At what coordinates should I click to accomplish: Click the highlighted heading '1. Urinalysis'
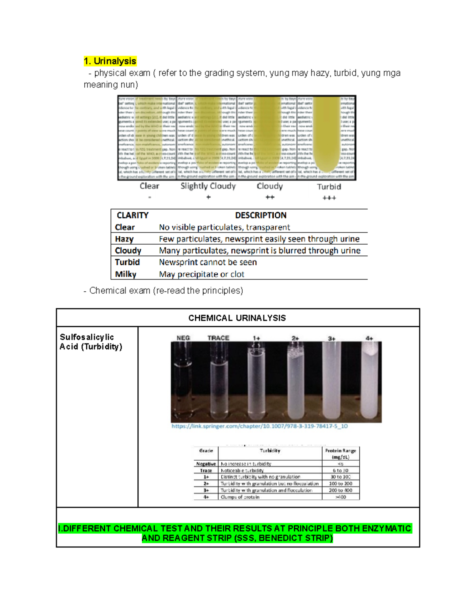pos(110,61)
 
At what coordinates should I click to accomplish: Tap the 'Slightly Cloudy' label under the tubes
pos(208,186)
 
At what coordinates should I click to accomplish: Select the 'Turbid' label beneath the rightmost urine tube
pos(329,187)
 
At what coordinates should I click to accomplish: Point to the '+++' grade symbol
pos(329,198)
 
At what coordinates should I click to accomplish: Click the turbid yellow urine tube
pos(327,134)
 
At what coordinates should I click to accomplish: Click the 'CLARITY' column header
pos(132,215)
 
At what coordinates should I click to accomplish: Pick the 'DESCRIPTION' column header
pos(260,215)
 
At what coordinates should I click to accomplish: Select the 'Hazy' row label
pos(124,239)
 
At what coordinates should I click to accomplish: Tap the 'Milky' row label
pos(125,274)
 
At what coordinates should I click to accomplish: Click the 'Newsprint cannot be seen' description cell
pos(208,263)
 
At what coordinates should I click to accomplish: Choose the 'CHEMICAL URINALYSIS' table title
pos(237,318)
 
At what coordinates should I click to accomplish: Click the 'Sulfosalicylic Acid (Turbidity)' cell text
pos(91,342)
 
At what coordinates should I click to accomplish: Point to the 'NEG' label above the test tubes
pos(183,338)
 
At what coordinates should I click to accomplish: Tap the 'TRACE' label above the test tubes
pos(218,338)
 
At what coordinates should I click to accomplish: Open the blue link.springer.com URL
pos(259,426)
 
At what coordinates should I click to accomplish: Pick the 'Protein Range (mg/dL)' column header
pos(340,453)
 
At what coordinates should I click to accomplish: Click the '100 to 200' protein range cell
pos(340,484)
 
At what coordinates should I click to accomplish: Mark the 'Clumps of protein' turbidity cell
pos(240,497)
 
